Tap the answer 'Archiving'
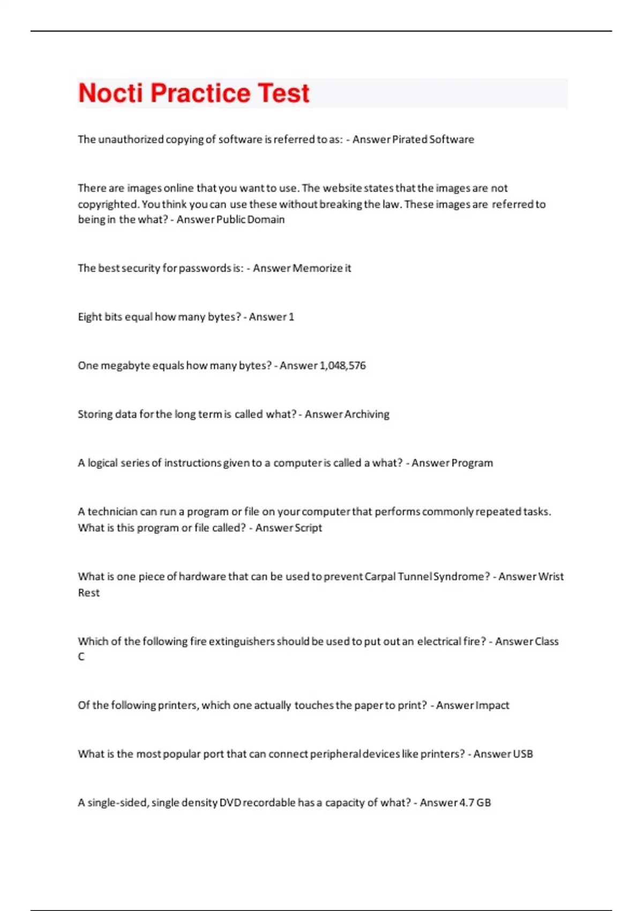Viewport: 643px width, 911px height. click(x=367, y=414)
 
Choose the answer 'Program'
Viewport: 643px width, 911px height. click(x=472, y=463)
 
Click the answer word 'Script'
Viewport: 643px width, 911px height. click(x=305, y=528)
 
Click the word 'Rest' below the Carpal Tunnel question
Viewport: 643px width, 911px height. click(x=88, y=593)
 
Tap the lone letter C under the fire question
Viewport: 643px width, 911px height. click(x=81, y=657)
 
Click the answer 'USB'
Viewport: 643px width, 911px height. click(x=523, y=754)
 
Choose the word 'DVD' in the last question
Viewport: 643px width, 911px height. click(x=230, y=803)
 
